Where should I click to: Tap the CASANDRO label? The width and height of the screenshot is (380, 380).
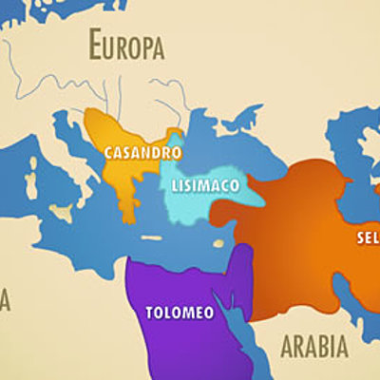(x=142, y=152)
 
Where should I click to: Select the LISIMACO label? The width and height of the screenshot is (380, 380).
(x=202, y=183)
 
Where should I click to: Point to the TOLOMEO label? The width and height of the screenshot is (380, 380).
(x=179, y=312)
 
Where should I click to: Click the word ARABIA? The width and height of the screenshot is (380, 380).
(x=313, y=346)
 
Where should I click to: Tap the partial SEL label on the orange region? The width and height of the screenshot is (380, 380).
(x=368, y=237)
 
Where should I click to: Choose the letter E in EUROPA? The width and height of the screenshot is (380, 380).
(x=95, y=44)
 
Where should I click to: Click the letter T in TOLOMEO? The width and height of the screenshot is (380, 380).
(x=149, y=312)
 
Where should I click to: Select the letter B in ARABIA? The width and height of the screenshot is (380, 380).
(x=315, y=346)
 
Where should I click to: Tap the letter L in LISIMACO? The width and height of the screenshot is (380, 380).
(x=176, y=183)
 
